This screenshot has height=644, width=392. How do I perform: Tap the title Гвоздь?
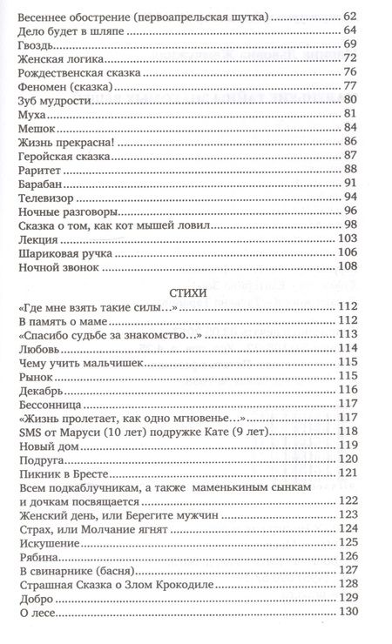[35, 44]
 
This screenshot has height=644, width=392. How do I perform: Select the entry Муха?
[30, 113]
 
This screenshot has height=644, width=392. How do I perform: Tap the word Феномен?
[44, 85]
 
